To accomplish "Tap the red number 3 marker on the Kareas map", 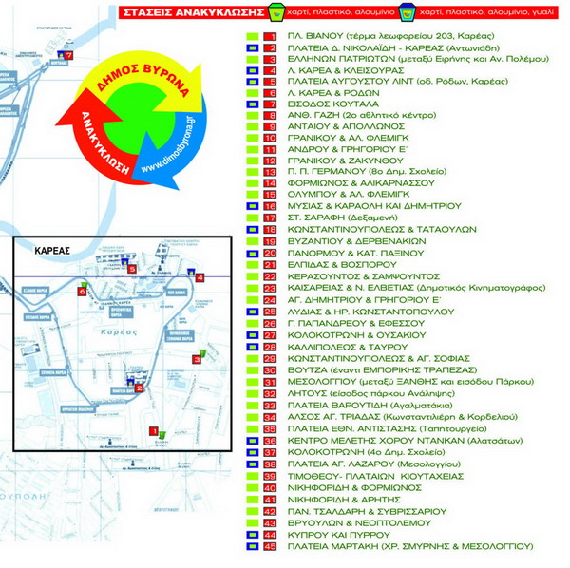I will pyautogui.click(x=196, y=357).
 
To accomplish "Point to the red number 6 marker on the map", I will pyautogui.click(x=82, y=293).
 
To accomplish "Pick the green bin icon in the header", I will pyautogui.click(x=275, y=13).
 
